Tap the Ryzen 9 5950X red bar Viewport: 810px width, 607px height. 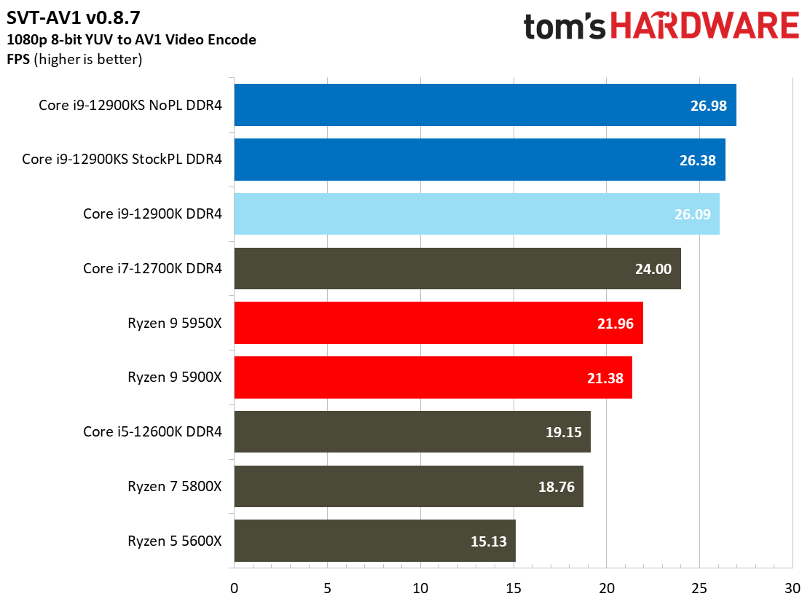[x=438, y=323]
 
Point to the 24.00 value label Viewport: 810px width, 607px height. [x=653, y=269]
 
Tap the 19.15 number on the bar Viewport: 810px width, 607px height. [x=563, y=432]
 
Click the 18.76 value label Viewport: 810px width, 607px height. [x=556, y=487]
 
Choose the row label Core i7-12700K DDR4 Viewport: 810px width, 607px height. [x=152, y=268]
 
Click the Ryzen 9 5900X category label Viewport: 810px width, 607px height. [x=174, y=377]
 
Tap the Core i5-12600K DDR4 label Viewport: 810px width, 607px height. [x=152, y=432]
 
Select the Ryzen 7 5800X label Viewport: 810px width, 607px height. [x=174, y=486]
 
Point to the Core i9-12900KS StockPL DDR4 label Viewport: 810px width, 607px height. [x=122, y=160]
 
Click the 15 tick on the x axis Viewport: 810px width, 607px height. [x=513, y=588]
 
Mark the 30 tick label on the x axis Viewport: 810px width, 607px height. [x=793, y=588]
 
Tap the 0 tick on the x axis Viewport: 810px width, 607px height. [x=234, y=588]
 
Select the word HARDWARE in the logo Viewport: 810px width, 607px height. [x=704, y=27]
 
